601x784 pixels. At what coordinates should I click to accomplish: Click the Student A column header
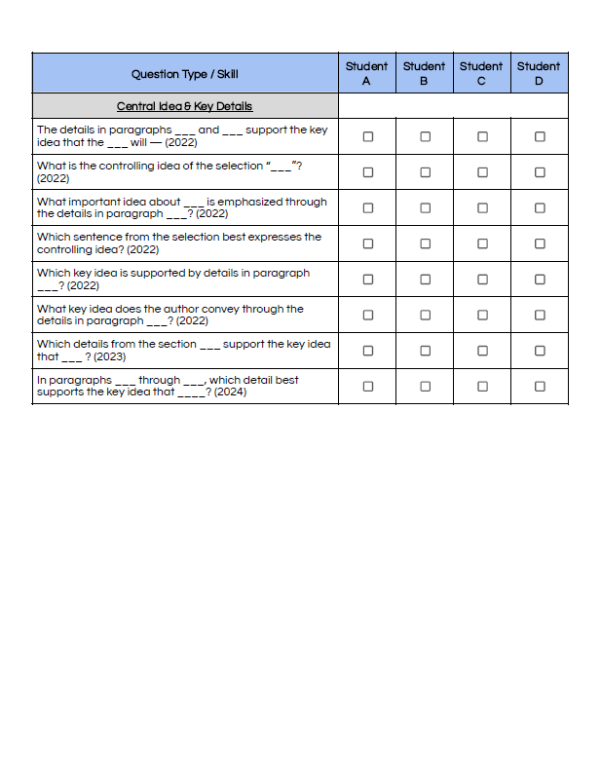pyautogui.click(x=366, y=73)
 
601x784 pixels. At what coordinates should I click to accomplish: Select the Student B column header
pyautogui.click(x=424, y=73)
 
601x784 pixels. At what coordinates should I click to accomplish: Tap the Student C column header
pyautogui.click(x=481, y=73)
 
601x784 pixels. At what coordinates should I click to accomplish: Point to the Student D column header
pyautogui.click(x=539, y=73)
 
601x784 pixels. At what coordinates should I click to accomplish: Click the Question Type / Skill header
pyautogui.click(x=185, y=74)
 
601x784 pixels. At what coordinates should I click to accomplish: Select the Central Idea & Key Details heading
pyautogui.click(x=185, y=106)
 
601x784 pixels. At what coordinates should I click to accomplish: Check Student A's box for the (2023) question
pyautogui.click(x=367, y=351)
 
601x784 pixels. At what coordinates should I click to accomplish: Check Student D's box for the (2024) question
pyautogui.click(x=540, y=386)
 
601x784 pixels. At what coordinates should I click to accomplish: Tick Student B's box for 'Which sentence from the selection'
pyautogui.click(x=425, y=243)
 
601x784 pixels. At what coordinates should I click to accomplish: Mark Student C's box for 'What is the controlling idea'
pyautogui.click(x=482, y=172)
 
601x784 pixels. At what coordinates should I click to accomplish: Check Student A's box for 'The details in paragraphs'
pyautogui.click(x=367, y=137)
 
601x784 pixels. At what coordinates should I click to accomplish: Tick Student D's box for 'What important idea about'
pyautogui.click(x=540, y=207)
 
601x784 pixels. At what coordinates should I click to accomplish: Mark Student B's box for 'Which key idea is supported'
pyautogui.click(x=425, y=280)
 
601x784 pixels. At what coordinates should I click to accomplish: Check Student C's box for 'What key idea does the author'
pyautogui.click(x=482, y=315)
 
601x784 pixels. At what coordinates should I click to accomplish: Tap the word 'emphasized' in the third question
pyautogui.click(x=249, y=202)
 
